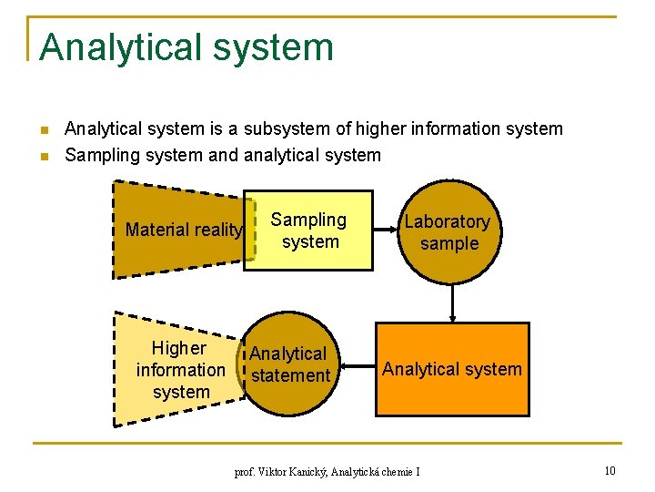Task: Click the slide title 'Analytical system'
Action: (186, 47)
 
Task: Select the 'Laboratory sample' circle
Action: (448, 232)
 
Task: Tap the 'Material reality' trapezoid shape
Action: (177, 230)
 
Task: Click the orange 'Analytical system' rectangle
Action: (452, 369)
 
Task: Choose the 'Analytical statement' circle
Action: (289, 364)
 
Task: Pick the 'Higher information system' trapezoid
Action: (177, 370)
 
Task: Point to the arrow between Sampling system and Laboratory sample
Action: (386, 231)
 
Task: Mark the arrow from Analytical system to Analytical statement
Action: (357, 369)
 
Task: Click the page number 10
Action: (610, 470)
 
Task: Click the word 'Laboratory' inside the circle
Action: (447, 221)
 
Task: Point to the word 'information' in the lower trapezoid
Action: (180, 370)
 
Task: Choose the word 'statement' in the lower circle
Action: (290, 375)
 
